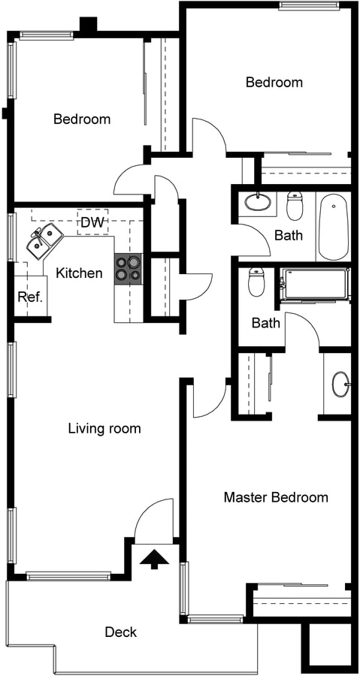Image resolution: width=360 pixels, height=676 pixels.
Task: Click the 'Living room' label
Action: (x=104, y=429)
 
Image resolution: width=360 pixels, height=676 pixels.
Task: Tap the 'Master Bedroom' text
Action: (x=276, y=497)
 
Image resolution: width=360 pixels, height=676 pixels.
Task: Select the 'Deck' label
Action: (x=120, y=632)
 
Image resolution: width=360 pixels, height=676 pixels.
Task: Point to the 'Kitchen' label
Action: (x=79, y=273)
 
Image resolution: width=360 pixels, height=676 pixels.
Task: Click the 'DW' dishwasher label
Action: (x=92, y=222)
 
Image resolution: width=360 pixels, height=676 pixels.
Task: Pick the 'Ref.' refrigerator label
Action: (x=30, y=297)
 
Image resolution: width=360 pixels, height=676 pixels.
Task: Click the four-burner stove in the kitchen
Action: (x=127, y=269)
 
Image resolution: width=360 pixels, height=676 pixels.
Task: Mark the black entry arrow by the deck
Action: (x=155, y=559)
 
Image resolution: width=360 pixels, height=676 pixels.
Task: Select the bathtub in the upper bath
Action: (x=333, y=226)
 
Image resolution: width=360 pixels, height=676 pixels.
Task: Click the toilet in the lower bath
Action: (x=256, y=283)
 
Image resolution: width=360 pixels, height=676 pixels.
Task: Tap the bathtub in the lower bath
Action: (x=315, y=284)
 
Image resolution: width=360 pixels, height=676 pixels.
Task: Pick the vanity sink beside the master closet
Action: (x=340, y=384)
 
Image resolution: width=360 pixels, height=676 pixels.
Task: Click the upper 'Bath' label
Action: (x=288, y=235)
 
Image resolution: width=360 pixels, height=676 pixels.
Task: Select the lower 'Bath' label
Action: (x=265, y=323)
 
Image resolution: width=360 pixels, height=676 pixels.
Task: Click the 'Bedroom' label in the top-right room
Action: (x=274, y=82)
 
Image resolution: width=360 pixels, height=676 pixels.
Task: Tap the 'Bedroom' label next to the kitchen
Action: (x=82, y=119)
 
